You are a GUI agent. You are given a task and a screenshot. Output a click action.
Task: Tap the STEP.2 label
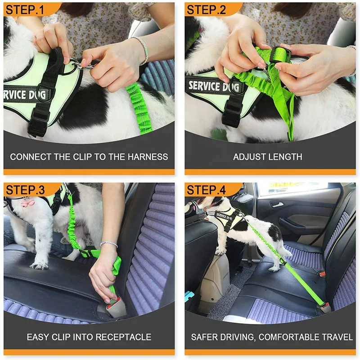pyautogui.click(x=207, y=10)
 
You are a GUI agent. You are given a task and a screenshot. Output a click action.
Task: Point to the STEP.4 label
pyautogui.click(x=207, y=189)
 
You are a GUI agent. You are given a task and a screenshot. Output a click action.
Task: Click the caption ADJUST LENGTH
pyautogui.click(x=267, y=157)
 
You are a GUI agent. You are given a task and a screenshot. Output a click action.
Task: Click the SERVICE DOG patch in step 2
pyautogui.click(x=211, y=86)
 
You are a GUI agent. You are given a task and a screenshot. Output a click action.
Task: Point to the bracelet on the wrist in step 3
pyautogui.click(x=108, y=244)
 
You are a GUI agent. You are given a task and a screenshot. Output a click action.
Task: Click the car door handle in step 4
pyautogui.click(x=276, y=205)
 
